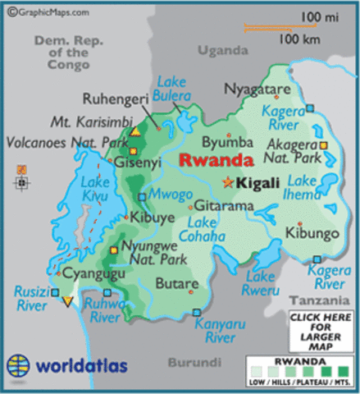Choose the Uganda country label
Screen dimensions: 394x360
(221, 51)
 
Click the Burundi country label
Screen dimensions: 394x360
(195, 361)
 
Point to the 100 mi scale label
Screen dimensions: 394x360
(321, 17)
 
